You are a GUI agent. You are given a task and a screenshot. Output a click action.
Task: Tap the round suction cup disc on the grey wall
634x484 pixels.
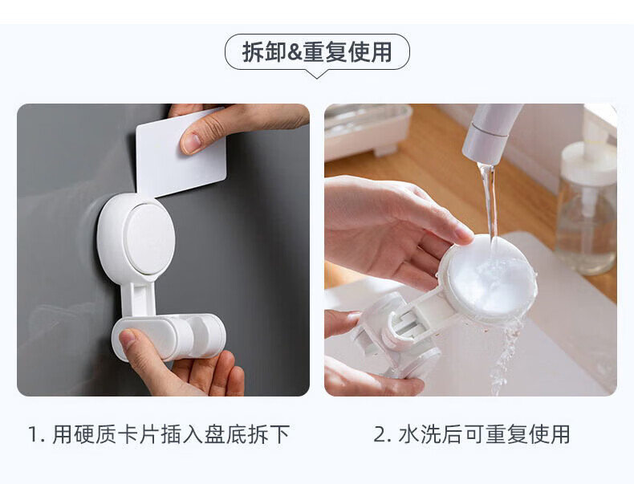click(x=136, y=238)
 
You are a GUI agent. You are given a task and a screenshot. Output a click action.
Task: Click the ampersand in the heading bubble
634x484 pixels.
click(x=295, y=52)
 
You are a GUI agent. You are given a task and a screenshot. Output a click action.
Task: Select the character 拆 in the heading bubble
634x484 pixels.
click(x=253, y=52)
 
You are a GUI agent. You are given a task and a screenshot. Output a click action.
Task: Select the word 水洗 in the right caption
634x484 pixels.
click(x=420, y=435)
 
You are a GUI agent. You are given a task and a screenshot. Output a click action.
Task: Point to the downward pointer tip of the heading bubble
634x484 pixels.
click(x=317, y=78)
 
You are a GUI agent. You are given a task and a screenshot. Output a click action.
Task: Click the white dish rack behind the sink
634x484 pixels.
click(x=368, y=130)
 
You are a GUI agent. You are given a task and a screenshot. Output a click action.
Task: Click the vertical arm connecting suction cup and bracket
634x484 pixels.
click(x=137, y=300)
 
